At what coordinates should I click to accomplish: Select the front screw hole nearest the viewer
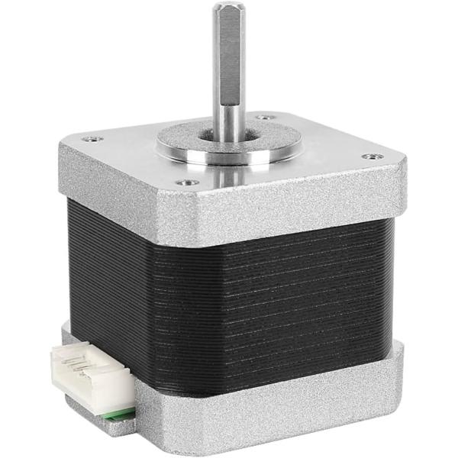coord(183,182)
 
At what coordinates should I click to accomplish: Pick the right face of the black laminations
coord(305,290)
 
